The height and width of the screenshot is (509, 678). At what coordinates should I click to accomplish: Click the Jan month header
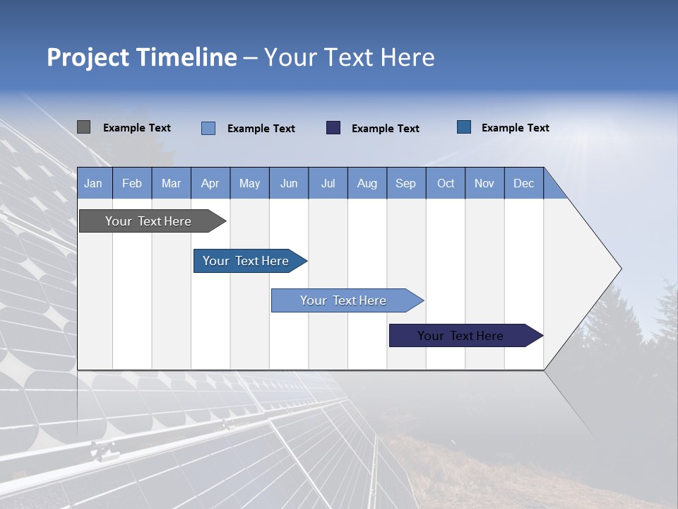(x=93, y=183)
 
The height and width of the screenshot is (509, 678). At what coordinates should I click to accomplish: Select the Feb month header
(x=132, y=183)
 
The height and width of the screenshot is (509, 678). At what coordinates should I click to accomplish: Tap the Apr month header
(x=210, y=183)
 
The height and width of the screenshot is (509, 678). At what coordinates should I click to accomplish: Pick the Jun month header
(x=289, y=183)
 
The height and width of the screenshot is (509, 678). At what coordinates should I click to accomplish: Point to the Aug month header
(x=367, y=183)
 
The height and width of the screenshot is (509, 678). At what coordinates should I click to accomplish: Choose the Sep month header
(x=405, y=183)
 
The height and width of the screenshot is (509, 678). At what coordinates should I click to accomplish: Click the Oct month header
(x=446, y=183)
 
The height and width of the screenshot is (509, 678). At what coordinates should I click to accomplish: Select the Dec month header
(x=523, y=183)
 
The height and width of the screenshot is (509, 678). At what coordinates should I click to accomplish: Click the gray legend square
(x=83, y=127)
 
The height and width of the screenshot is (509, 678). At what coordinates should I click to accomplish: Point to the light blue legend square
(x=208, y=128)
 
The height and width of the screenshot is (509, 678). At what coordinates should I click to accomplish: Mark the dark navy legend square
(x=333, y=127)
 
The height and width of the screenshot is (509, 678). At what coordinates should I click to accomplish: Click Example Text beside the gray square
(x=137, y=128)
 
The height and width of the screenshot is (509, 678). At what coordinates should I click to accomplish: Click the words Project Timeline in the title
(x=142, y=57)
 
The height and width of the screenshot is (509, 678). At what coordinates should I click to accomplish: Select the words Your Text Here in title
(x=349, y=57)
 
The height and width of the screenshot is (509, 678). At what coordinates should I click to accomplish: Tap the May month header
(x=249, y=183)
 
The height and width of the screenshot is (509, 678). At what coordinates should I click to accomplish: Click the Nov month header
(x=484, y=183)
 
